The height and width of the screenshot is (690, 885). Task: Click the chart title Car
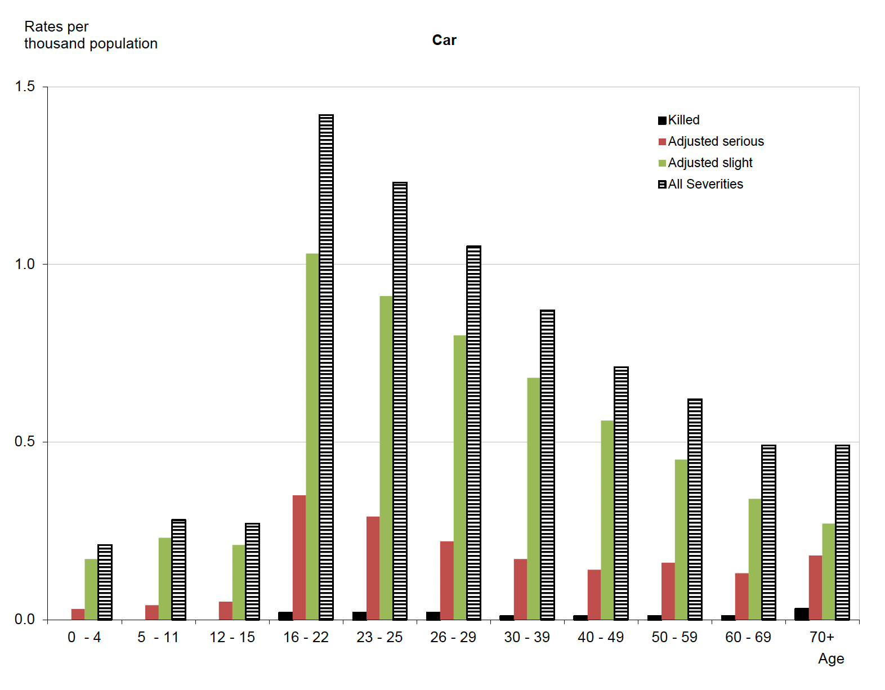click(444, 41)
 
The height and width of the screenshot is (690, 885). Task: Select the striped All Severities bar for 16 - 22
click(326, 366)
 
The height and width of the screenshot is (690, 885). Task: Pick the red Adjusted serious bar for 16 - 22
click(299, 557)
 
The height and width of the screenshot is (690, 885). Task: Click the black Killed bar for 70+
click(801, 613)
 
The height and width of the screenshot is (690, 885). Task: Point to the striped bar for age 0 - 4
click(105, 582)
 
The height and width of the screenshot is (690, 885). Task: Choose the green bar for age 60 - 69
click(755, 559)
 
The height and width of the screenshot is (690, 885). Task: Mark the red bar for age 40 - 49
click(594, 594)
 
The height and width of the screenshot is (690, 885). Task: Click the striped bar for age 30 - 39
click(547, 464)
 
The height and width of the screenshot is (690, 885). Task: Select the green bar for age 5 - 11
click(165, 579)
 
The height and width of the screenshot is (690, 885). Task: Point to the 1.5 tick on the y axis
click(25, 86)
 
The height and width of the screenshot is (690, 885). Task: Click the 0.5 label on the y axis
click(25, 441)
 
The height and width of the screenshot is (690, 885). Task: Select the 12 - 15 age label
click(232, 637)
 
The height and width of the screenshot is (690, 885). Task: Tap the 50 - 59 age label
click(674, 637)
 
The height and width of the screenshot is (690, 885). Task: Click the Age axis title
click(831, 658)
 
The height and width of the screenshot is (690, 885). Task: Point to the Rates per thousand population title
click(91, 35)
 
